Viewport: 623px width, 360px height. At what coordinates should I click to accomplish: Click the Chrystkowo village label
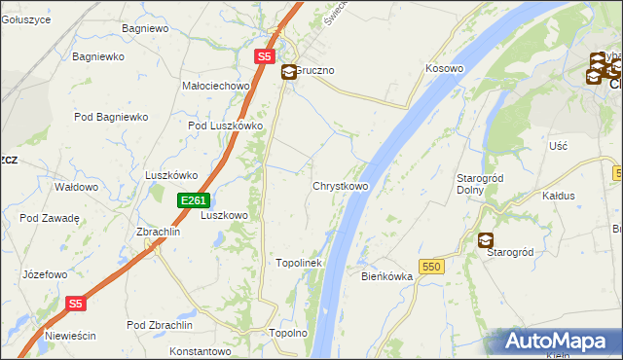(x=340, y=186)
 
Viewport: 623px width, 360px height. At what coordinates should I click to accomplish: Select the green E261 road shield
(x=192, y=200)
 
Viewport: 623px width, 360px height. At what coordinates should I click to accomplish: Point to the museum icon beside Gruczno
(x=289, y=72)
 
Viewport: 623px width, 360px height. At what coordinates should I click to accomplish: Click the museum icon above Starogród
(x=485, y=240)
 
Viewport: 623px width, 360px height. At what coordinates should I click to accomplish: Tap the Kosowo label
(x=444, y=69)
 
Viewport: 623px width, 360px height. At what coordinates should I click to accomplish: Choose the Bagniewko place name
(x=97, y=57)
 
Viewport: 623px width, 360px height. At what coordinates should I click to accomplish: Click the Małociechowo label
(x=217, y=86)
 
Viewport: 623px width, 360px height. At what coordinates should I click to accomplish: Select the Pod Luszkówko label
(x=226, y=126)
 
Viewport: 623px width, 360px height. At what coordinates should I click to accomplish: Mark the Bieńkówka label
(x=387, y=276)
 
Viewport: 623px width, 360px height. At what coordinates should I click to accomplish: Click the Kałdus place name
(x=558, y=196)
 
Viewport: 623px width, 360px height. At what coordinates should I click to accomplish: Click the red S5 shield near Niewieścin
(x=77, y=304)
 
